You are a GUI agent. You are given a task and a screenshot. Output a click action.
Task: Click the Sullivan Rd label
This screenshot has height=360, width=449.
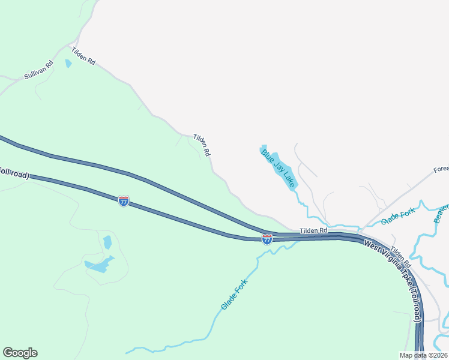click(x=39, y=71)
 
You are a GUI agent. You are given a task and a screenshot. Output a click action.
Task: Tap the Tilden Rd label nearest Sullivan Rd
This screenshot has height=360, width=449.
click(x=83, y=56)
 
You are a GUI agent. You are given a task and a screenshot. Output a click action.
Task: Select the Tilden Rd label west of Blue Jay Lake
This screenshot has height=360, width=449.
click(x=202, y=145)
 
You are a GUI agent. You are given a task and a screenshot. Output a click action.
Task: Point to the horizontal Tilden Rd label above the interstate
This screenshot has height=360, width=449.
click(x=314, y=230)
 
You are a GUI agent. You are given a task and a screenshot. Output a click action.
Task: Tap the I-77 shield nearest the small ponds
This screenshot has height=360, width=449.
click(x=124, y=202)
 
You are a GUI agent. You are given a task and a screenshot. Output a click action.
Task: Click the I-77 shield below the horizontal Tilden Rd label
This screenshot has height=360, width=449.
click(x=267, y=239)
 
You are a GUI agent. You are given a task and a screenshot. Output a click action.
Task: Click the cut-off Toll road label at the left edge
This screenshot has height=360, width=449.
click(x=14, y=173)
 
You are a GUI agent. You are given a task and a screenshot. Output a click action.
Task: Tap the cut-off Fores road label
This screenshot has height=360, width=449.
click(x=441, y=170)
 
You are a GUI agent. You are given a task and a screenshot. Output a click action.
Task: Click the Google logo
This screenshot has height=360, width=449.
click(x=20, y=353)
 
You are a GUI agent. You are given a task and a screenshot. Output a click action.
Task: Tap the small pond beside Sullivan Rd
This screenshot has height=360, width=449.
click(x=68, y=63)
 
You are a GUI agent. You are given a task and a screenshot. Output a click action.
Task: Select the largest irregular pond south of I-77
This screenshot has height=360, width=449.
click(x=100, y=265)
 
